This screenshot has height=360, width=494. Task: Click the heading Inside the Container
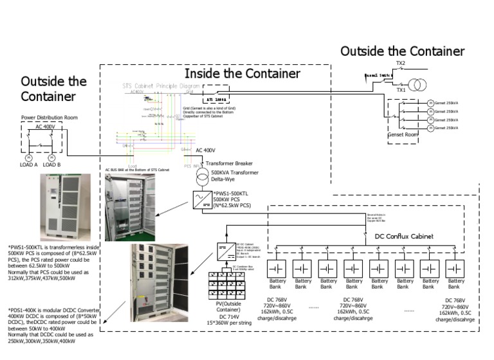(242, 74)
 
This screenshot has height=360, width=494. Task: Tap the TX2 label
(401, 64)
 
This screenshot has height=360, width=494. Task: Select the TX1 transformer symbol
(418, 84)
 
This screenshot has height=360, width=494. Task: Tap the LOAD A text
(28, 165)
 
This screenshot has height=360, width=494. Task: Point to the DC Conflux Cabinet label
(404, 237)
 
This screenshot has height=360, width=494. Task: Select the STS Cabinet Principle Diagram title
(161, 85)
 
